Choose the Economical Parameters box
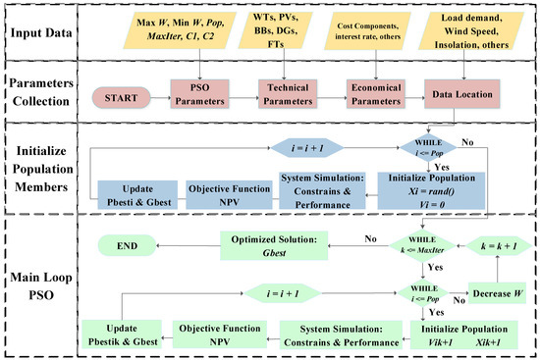tap(376, 98)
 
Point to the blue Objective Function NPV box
tap(231, 190)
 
